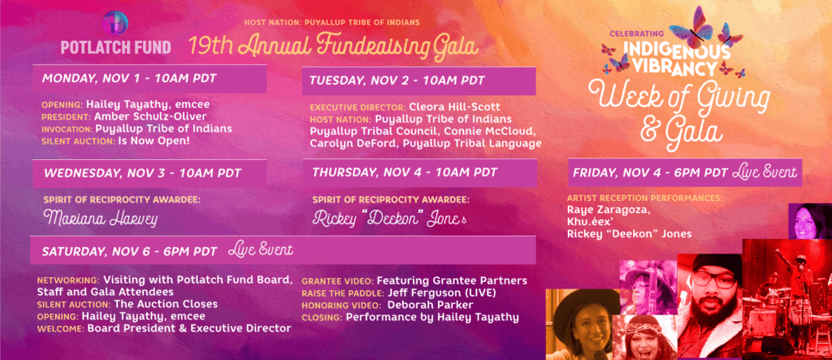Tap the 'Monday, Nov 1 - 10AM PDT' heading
tap(129, 79)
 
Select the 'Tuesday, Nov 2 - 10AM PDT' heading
tap(397, 80)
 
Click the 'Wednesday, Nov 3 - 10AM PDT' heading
tap(142, 173)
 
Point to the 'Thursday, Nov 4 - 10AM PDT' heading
tap(405, 172)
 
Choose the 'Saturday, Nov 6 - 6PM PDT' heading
tap(129, 252)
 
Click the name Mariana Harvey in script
tap(101, 219)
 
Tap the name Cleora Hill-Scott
tap(455, 106)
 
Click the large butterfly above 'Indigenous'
tap(691, 28)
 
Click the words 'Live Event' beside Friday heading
tap(764, 172)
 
